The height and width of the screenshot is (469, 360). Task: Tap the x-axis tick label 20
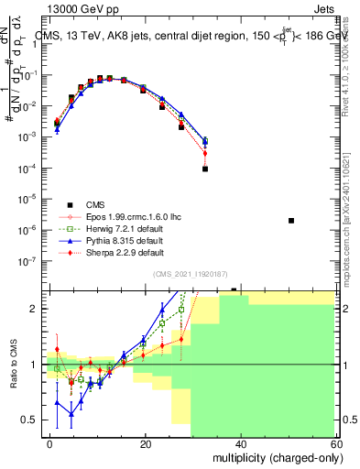[145, 442]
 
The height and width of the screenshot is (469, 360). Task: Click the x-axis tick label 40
[240, 442]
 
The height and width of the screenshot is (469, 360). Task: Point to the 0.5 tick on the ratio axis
[30, 420]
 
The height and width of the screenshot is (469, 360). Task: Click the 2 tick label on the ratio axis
[35, 309]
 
